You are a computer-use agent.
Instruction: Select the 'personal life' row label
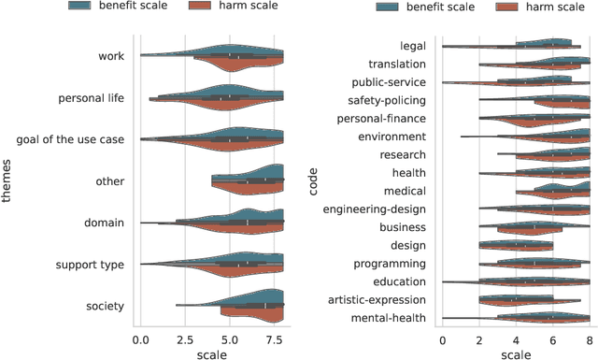point(92,98)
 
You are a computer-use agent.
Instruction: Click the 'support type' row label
point(92,265)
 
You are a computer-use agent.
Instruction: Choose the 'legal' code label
point(412,46)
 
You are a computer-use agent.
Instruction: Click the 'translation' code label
point(398,64)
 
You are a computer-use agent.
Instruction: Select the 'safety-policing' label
point(387,100)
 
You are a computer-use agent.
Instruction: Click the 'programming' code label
point(392,264)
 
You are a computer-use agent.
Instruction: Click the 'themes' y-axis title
point(8,181)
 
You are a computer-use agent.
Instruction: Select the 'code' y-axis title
point(313,181)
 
